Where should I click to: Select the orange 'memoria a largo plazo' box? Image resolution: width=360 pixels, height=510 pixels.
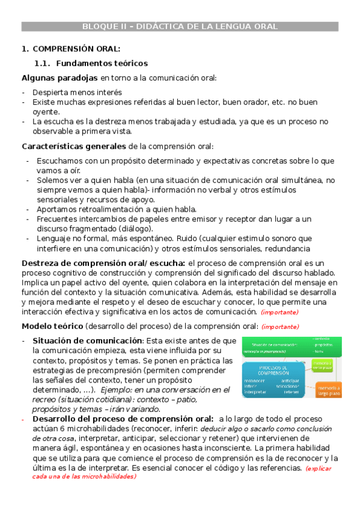328,390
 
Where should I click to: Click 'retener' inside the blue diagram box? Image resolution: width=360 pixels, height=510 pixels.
291,392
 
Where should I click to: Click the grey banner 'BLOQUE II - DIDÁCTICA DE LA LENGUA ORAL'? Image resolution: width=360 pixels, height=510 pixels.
180,26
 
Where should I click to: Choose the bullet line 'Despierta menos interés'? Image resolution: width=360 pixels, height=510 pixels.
78,92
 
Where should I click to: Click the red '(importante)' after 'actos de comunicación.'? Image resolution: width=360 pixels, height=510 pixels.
279,312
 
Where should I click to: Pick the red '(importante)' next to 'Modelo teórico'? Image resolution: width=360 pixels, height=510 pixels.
279,327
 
